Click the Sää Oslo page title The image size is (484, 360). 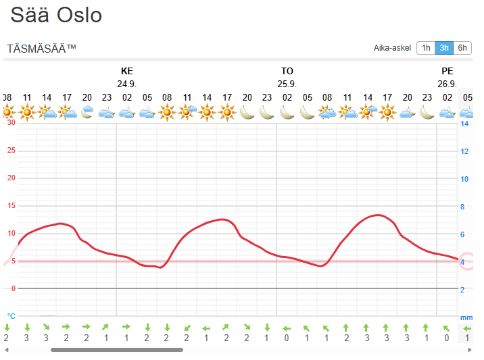[56, 15]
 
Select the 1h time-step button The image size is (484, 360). [425, 48]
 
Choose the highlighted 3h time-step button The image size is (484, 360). [444, 48]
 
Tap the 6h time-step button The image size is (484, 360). [462, 48]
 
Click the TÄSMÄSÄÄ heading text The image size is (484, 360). [41, 49]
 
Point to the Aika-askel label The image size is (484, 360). [392, 48]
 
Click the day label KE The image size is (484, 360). [127, 71]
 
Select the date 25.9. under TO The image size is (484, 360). [287, 84]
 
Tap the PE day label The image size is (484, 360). [447, 71]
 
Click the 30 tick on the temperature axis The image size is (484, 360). [11, 122]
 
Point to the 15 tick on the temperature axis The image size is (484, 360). [11, 206]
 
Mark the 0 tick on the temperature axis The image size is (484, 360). [13, 288]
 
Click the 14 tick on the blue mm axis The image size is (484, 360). [465, 124]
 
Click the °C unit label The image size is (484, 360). [11, 315]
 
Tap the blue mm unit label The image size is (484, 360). [466, 317]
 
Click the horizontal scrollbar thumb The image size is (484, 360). [116, 350]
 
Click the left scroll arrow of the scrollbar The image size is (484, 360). [6, 350]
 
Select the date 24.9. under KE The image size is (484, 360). [127, 84]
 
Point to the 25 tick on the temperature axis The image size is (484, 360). [11, 150]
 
